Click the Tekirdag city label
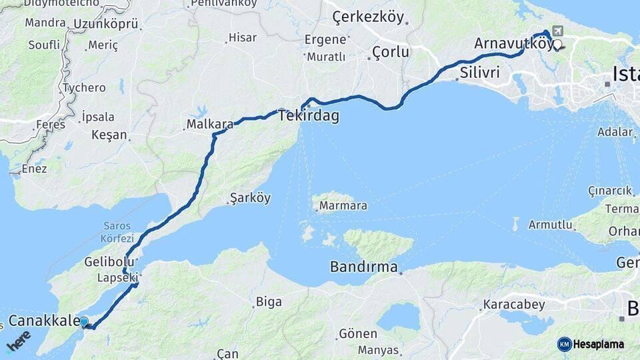point(309,116)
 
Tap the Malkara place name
point(210,124)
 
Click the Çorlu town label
point(390,52)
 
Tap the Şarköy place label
point(250,198)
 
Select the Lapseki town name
point(117,277)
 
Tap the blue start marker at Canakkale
point(84,322)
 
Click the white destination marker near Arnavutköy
point(557,45)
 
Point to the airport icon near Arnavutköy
point(557,31)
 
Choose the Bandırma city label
point(364,267)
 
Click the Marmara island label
point(343,206)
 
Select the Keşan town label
point(109,135)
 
